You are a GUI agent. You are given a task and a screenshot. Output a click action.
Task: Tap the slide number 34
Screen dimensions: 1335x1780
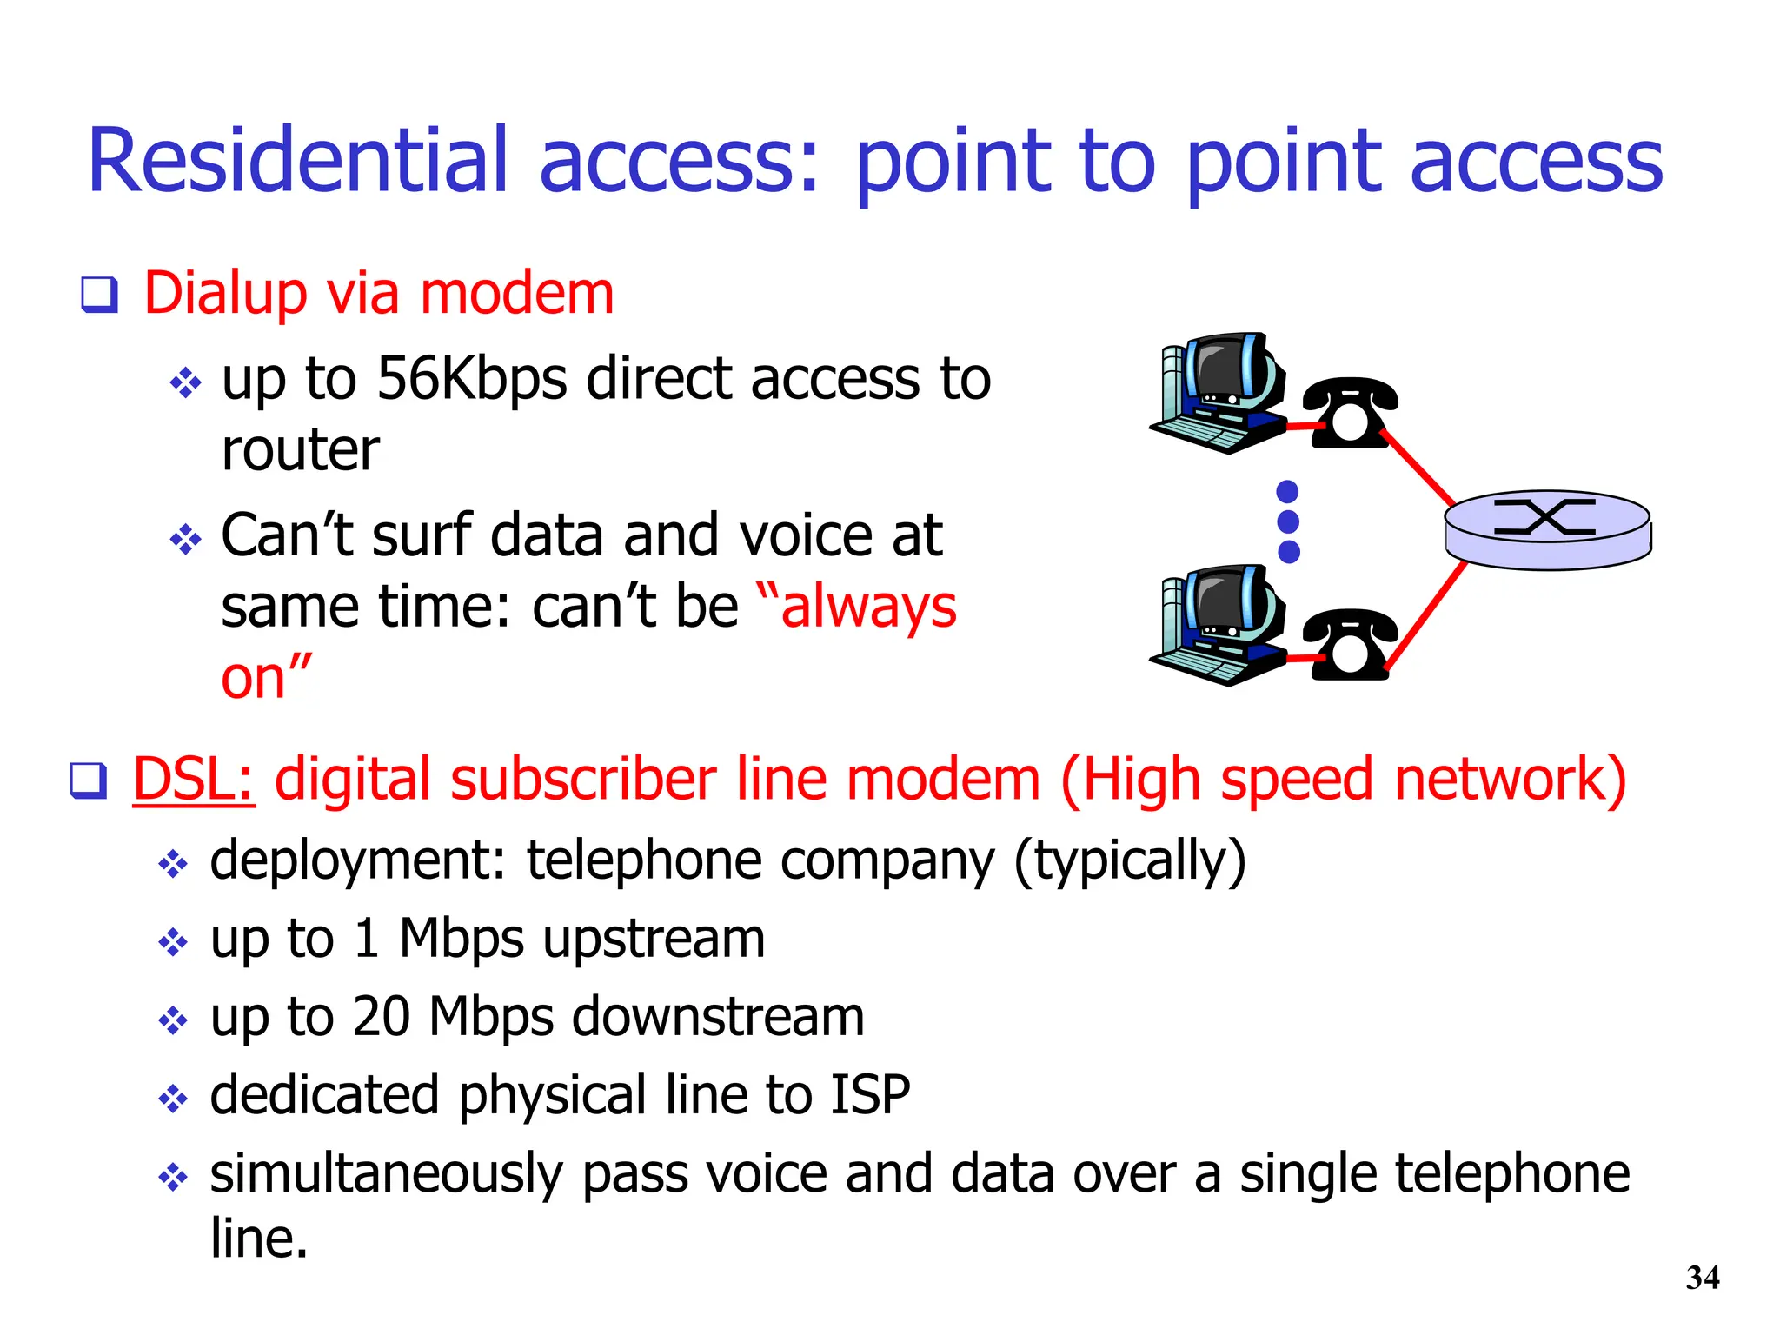click(x=1702, y=1278)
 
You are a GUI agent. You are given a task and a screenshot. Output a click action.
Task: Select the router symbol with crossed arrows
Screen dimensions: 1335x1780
click(x=1546, y=519)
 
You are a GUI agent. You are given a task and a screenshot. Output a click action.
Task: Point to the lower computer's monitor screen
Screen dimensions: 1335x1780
click(x=1221, y=601)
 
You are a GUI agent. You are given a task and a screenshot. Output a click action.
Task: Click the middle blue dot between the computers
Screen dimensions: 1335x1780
click(x=1288, y=521)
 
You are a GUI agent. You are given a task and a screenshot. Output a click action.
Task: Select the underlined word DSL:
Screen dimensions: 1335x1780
click(x=193, y=779)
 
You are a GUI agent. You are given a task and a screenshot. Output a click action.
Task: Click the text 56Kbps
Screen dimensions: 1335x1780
click(x=471, y=380)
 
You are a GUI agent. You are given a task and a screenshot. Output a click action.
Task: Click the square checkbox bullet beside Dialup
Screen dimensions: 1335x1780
click(x=99, y=295)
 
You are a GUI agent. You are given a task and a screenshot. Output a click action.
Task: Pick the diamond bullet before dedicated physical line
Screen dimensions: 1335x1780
click(x=173, y=1098)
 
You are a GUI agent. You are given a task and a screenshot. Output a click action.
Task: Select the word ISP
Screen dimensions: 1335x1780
click(x=870, y=1094)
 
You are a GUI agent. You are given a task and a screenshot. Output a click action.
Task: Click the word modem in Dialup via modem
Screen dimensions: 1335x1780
click(x=517, y=294)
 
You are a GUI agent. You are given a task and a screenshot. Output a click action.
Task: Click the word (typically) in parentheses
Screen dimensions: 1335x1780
click(x=1130, y=861)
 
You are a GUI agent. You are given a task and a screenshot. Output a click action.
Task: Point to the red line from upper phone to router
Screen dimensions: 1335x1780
click(x=1417, y=466)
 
